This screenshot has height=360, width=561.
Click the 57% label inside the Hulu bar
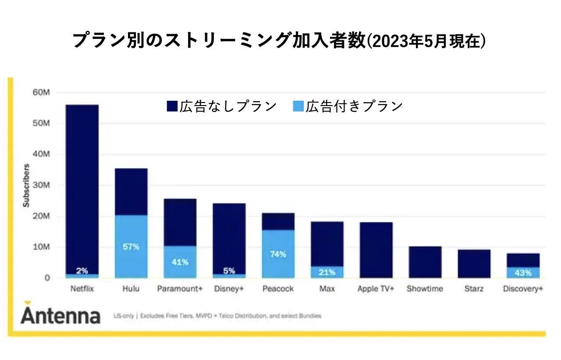[131, 247]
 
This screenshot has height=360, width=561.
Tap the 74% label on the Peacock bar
[278, 254]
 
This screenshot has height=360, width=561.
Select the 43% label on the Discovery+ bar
[523, 272]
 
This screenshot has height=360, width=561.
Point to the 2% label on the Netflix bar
[82, 271]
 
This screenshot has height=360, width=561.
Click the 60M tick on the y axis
[42, 92]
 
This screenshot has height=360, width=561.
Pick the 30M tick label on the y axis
[42, 185]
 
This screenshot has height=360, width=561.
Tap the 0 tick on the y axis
[47, 278]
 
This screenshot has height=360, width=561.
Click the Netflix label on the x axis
[82, 289]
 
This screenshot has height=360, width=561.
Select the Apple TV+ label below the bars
[376, 289]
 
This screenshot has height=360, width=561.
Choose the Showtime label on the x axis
[425, 289]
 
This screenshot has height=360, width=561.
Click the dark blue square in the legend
[172, 106]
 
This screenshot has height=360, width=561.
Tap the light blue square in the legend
[298, 106]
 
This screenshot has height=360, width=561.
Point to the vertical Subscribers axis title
[26, 185]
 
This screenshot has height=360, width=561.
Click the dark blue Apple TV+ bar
[376, 250]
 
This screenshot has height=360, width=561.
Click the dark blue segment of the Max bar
[327, 244]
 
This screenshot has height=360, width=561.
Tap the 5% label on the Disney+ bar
[229, 271]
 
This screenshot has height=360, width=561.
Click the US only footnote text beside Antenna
[217, 316]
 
